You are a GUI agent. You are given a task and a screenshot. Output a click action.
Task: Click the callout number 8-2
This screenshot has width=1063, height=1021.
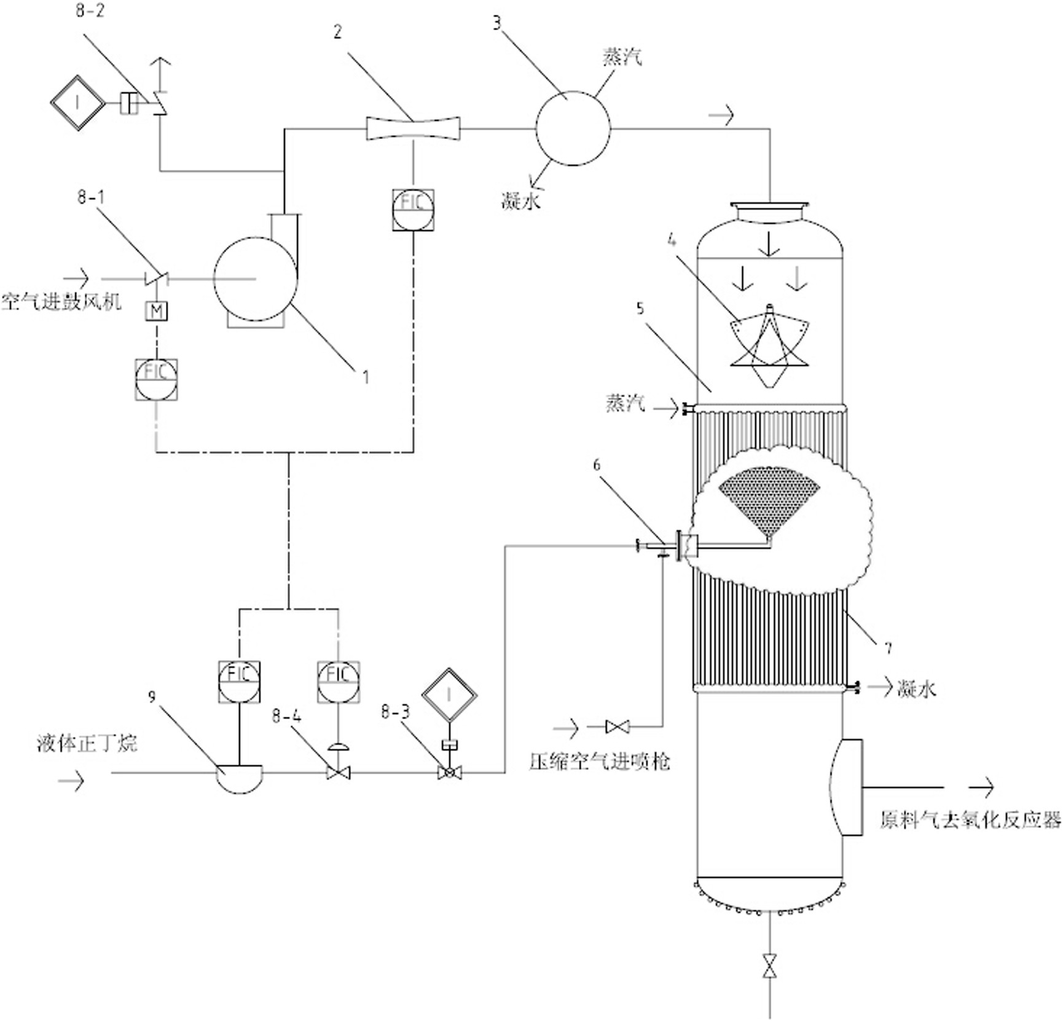(x=90, y=12)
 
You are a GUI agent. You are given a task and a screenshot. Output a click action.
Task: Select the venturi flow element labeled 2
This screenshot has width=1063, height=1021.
(x=413, y=128)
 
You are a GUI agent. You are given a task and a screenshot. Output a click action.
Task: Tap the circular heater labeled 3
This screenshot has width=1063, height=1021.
(x=573, y=128)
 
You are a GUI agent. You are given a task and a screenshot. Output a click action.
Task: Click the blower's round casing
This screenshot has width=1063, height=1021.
(x=255, y=279)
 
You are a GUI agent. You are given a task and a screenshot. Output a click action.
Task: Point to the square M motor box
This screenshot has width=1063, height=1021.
(x=156, y=312)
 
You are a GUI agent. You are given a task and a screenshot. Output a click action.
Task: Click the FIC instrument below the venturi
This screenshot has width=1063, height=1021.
(x=413, y=210)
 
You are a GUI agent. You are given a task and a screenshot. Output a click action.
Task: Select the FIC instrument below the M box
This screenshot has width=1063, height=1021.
(x=156, y=379)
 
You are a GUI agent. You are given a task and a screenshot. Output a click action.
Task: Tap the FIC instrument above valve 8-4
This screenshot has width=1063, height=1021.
(x=338, y=682)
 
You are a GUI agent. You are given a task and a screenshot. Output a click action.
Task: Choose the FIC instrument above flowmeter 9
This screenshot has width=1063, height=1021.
(x=239, y=682)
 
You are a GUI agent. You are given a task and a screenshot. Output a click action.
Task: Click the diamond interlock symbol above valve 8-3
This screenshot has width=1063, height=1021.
(x=449, y=695)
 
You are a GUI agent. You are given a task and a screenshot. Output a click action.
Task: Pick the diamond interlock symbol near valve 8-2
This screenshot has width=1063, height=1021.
(x=77, y=103)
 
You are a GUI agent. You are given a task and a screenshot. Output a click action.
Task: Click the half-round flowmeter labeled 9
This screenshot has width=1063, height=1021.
(x=240, y=778)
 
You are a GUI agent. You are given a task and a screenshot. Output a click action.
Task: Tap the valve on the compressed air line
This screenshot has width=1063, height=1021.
(x=617, y=727)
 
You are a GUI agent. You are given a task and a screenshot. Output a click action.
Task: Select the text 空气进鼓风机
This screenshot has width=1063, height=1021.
(x=61, y=302)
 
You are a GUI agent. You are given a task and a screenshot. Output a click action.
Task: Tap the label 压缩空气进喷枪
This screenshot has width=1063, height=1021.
(x=599, y=762)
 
